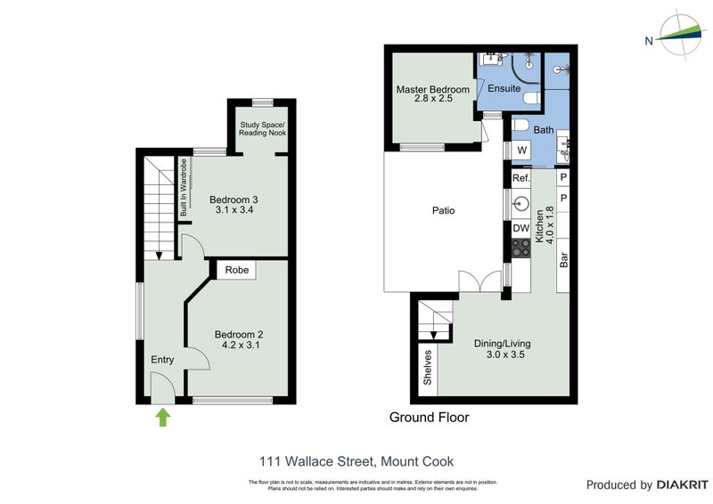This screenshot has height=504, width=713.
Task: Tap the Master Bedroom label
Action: tap(432, 90)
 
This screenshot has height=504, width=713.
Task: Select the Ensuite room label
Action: tap(504, 89)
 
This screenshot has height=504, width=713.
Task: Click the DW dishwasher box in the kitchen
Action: tap(520, 229)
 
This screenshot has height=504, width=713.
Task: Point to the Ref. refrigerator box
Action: tap(520, 179)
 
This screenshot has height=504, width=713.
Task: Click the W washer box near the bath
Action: tap(521, 150)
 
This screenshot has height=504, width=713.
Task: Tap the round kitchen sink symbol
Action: tap(521, 203)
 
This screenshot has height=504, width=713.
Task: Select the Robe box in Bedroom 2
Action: tap(236, 270)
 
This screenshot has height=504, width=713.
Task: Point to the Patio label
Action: tap(443, 211)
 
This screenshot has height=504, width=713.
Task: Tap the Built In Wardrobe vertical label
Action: tap(184, 188)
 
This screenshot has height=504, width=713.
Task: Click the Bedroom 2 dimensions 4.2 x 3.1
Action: tap(238, 346)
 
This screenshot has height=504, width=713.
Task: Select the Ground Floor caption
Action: tap(429, 417)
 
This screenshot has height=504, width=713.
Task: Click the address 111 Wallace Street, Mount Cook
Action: tap(356, 461)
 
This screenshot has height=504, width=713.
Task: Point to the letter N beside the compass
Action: tap(650, 40)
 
